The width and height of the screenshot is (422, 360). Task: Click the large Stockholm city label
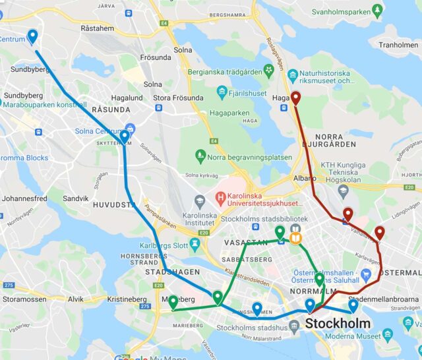pos(338,323)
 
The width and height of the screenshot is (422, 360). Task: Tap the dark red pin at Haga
pos(296,98)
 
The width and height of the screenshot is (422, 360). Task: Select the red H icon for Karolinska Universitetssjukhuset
pos(221,197)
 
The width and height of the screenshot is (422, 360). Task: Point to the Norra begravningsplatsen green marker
pos(200,156)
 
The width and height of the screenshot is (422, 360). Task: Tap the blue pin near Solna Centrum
pos(124,137)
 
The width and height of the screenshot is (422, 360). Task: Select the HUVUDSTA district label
pos(114,205)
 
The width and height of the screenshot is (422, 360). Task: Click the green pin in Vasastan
pos(280,232)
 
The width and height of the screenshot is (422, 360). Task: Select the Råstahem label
pos(97,28)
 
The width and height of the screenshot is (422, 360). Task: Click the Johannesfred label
pos(24,198)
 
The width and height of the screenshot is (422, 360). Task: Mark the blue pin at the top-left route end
pos(32,37)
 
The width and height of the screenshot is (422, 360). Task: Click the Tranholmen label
pos(398,45)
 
